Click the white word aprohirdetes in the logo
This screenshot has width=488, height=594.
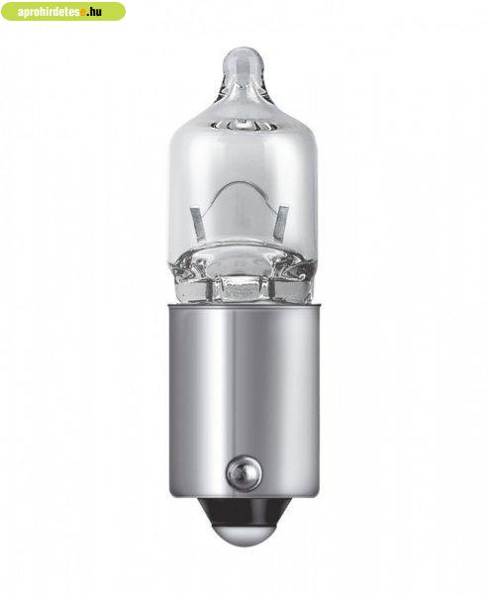pyautogui.click(x=49, y=12)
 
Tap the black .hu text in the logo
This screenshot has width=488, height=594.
pyautogui.click(x=94, y=12)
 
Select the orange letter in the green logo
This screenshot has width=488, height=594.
pyautogui.click(x=82, y=13)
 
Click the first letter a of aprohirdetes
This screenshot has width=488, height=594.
pyautogui.click(x=21, y=13)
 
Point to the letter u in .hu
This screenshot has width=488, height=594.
pyautogui.click(x=98, y=13)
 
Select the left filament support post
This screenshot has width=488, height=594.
pyautogui.click(x=198, y=224)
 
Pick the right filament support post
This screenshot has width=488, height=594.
pyautogui.click(x=282, y=224)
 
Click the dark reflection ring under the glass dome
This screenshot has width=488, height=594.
pyautogui.click(x=243, y=124)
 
